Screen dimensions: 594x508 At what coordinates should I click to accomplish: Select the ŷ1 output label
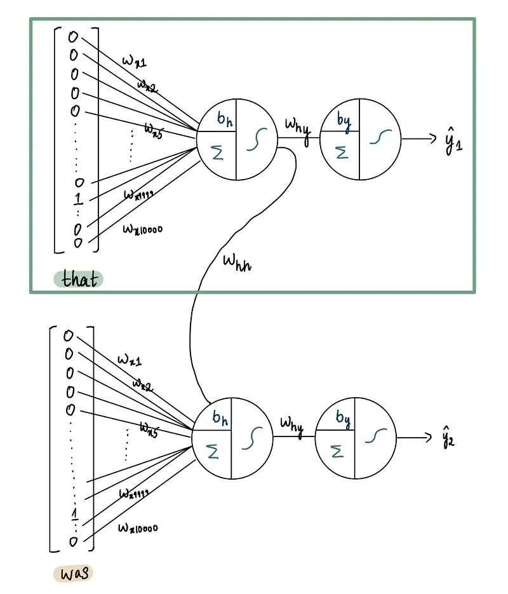tap(453, 141)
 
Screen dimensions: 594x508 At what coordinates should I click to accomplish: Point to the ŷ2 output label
tap(448, 438)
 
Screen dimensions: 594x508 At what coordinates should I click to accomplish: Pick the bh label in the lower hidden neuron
tap(220, 417)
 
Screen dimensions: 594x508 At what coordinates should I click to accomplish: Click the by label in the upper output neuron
tap(344, 118)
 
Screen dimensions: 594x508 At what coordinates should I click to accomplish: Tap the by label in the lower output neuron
tap(342, 418)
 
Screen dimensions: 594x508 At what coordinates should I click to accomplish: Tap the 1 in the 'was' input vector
tap(75, 513)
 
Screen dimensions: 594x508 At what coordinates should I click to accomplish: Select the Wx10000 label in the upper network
tap(142, 228)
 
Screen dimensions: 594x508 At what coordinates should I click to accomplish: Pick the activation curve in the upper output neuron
tap(380, 138)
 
